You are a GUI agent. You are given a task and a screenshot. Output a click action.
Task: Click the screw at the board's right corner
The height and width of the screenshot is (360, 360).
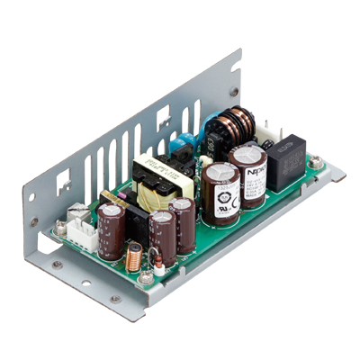(316, 163)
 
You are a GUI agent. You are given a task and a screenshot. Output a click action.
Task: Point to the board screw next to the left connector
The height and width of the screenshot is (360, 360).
(61, 230)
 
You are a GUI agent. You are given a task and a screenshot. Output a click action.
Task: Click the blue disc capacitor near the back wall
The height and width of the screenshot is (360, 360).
(184, 143)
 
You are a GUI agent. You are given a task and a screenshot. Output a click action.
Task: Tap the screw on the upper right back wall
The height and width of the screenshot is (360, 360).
(233, 91)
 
